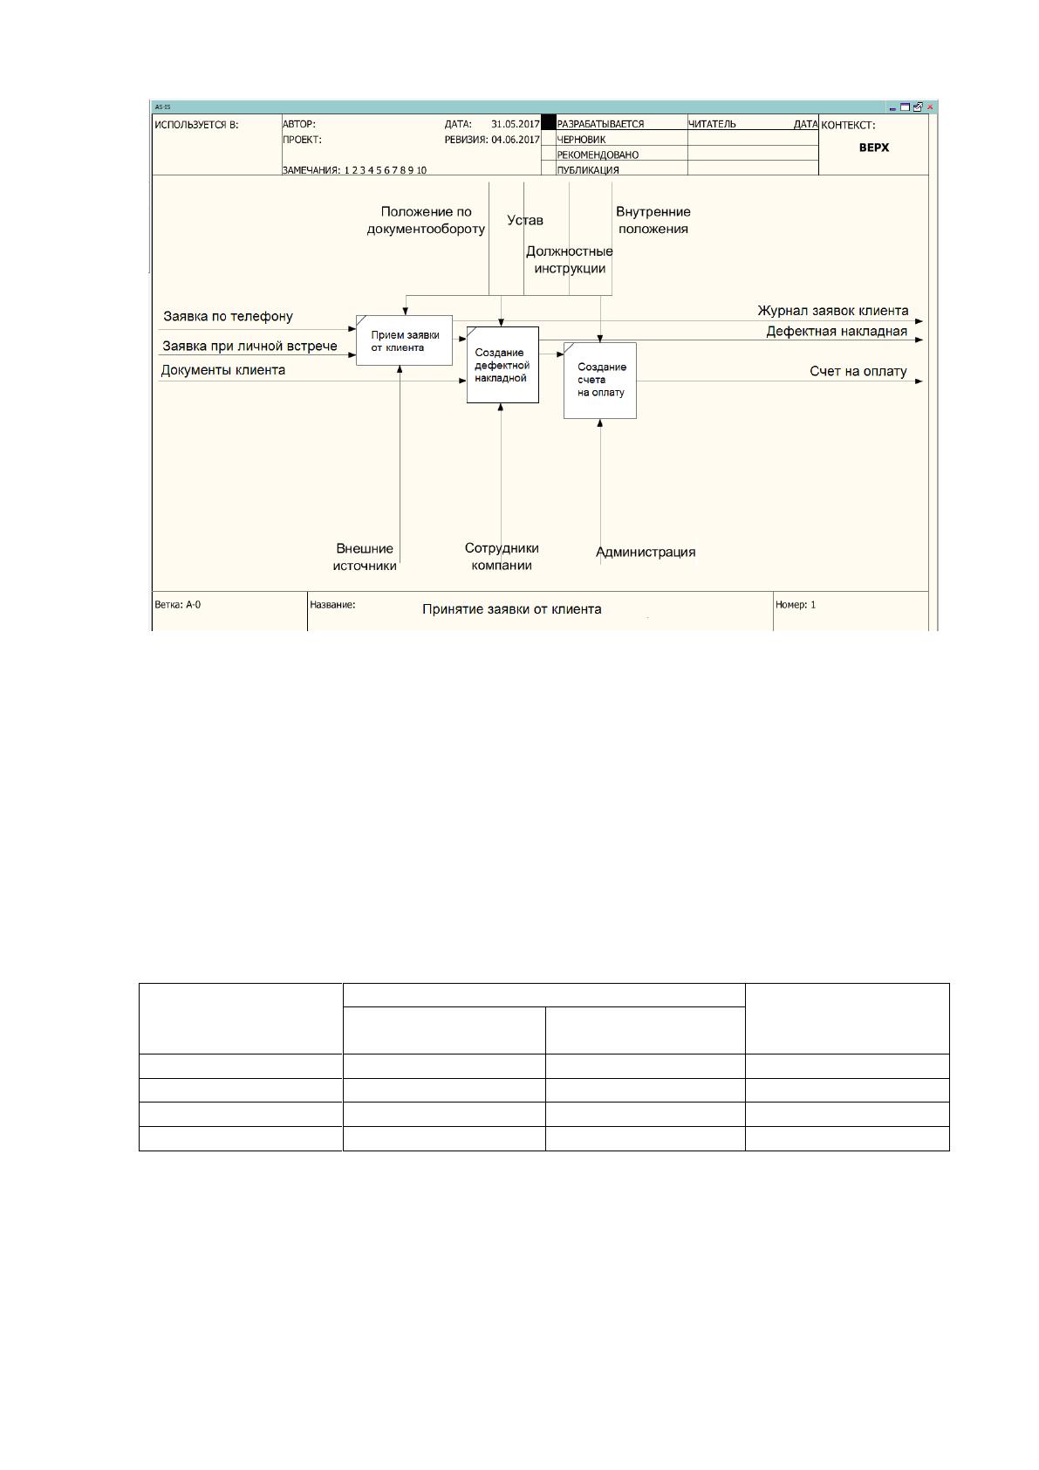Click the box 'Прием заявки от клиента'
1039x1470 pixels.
[x=404, y=340]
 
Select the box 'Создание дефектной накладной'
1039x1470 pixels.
[x=502, y=365]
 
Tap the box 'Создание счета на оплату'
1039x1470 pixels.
[x=600, y=381]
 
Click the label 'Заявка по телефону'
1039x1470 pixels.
[x=228, y=316]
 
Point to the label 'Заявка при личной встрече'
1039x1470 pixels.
[x=249, y=346]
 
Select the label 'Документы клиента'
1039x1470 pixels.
[x=223, y=370]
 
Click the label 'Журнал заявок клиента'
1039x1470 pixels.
[x=833, y=311]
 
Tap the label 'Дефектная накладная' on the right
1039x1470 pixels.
[x=837, y=332]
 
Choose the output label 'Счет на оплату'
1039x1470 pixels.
[x=858, y=372]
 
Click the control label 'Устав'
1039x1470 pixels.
[x=525, y=221]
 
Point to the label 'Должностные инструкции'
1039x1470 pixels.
[x=570, y=260]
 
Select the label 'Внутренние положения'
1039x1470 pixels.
[x=653, y=221]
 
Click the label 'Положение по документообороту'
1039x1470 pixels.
[x=426, y=221]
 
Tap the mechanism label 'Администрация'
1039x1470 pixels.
[x=646, y=552]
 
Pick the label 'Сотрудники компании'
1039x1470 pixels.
[x=502, y=557]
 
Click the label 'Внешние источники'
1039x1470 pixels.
[x=364, y=557]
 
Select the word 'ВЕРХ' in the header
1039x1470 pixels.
[x=874, y=148]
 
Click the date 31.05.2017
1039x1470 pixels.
[x=515, y=124]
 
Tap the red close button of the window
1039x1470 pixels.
[x=930, y=107]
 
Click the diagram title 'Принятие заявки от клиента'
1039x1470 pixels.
[x=511, y=609]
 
